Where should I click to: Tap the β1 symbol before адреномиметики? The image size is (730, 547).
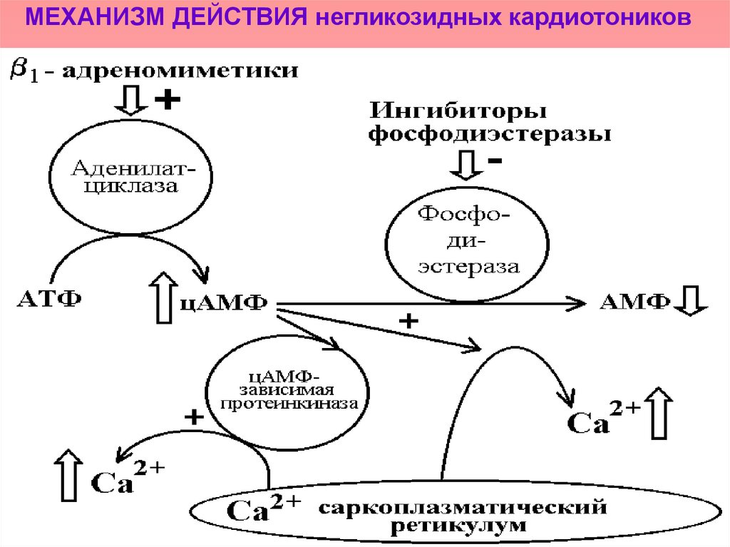point(24,72)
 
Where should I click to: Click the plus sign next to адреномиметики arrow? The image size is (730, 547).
point(166,101)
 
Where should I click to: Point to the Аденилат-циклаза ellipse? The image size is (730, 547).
point(131,178)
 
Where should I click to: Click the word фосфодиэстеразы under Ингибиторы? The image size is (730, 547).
point(489,134)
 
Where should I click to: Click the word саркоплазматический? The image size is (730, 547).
point(462,508)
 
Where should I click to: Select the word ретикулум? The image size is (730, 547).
point(459,527)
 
